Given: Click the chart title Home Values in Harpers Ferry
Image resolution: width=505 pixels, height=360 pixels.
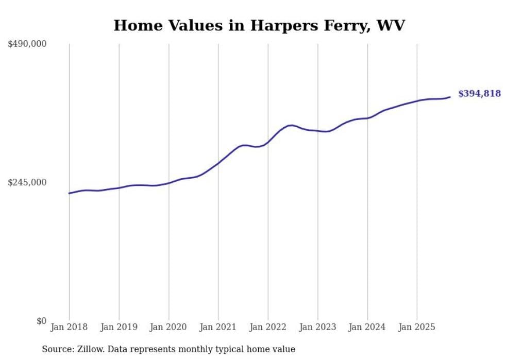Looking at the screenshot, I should click(259, 25).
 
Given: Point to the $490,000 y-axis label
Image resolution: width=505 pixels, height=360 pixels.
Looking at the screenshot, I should click(27, 44).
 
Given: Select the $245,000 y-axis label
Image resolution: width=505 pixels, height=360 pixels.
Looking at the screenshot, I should click(27, 182).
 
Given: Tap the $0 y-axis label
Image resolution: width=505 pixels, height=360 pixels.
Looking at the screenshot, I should click(41, 321).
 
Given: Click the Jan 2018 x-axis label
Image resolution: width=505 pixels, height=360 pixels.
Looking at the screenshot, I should click(69, 327).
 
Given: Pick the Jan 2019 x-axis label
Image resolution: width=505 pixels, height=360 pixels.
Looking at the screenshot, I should click(119, 327).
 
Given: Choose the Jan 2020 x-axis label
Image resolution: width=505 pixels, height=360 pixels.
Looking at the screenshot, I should click(169, 327).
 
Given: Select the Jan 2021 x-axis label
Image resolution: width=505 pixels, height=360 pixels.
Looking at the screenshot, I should click(218, 327).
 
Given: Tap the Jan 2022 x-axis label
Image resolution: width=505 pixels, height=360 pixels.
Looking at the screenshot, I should click(268, 327).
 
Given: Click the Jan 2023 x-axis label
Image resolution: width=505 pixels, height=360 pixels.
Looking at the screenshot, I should click(318, 327).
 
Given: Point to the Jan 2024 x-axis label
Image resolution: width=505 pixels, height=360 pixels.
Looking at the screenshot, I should click(367, 327).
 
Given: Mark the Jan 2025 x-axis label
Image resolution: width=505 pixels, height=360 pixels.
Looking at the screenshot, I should click(417, 327).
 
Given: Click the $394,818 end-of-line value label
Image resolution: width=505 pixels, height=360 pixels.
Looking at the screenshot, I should click(479, 94).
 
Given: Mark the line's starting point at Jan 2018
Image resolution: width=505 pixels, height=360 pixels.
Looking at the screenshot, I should click(69, 193).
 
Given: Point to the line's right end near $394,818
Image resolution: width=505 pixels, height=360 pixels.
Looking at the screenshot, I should click(450, 97).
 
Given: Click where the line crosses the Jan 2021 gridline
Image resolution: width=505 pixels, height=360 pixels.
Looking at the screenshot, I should click(218, 163).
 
